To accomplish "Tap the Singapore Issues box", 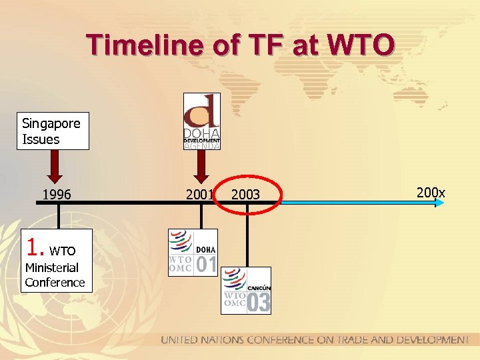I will [53, 131].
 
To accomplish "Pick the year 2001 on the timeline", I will [199, 195].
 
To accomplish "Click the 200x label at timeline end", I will [431, 193].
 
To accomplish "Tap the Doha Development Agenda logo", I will [201, 121].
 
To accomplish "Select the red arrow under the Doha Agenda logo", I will [201, 167].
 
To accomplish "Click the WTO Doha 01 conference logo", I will [193, 252].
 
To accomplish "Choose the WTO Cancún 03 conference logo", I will [246, 290].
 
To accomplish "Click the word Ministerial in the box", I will [51, 267].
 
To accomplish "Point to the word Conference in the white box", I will [55, 282].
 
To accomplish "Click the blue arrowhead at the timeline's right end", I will [439, 202].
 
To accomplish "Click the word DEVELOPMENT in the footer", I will [422, 341].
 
